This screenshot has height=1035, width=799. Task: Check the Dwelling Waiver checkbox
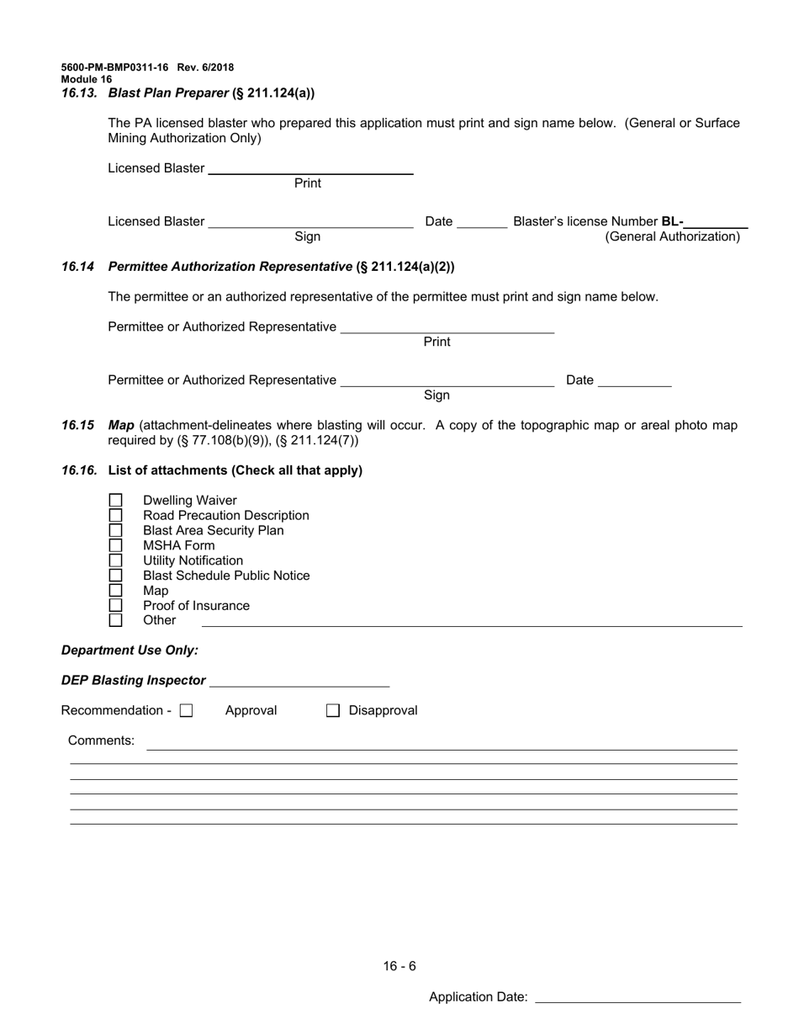(116, 501)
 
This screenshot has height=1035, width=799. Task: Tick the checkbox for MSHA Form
(116, 545)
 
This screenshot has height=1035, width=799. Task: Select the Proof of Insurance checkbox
(116, 606)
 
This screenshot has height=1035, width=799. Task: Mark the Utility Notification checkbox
(116, 560)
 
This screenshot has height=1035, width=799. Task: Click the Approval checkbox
(187, 711)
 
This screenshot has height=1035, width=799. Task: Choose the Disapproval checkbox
(333, 711)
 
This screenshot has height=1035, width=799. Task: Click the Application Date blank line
(638, 997)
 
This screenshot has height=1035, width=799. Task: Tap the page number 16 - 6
(399, 966)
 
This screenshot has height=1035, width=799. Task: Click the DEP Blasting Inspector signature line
(299, 682)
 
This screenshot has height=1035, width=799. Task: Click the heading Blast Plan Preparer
(168, 93)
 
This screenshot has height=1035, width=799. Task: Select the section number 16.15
(77, 426)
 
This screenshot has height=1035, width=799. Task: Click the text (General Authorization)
(673, 237)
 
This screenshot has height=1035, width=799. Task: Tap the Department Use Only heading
(130, 650)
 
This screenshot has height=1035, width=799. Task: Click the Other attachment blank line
(471, 622)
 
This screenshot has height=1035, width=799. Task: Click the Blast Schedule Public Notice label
(226, 576)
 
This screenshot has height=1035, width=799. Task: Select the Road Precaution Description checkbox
(116, 516)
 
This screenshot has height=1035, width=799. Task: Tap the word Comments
(101, 740)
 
